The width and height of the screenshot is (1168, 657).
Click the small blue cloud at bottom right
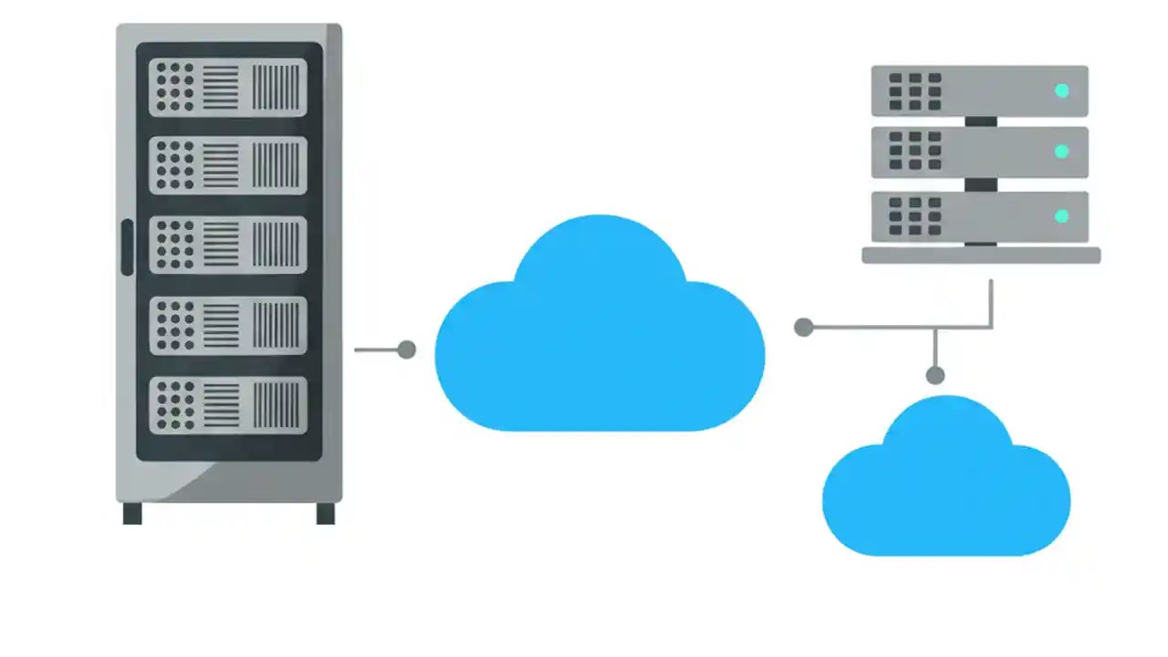(x=946, y=493)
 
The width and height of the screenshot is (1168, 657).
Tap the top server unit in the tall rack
(x=228, y=88)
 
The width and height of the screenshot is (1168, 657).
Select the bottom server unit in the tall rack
(x=228, y=405)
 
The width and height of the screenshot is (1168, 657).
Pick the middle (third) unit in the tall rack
(x=228, y=245)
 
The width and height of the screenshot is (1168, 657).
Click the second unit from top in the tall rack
(x=228, y=166)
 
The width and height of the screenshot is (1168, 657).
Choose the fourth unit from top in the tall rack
(x=228, y=326)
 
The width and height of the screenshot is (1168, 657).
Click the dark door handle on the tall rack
(x=127, y=247)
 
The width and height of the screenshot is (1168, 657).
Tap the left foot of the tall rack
(x=132, y=514)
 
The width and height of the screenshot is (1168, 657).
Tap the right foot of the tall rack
(x=326, y=514)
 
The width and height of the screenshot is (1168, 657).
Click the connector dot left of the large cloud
(x=407, y=349)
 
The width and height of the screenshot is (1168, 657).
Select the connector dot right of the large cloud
(x=803, y=328)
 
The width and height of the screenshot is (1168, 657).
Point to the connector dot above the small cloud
(x=934, y=375)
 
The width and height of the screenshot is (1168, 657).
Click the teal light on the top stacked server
(x=1061, y=90)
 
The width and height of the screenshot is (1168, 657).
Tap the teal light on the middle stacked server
(x=1061, y=151)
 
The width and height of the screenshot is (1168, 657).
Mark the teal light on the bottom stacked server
(x=1061, y=216)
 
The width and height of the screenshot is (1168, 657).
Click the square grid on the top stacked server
(x=914, y=91)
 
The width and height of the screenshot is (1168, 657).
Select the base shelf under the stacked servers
(x=981, y=255)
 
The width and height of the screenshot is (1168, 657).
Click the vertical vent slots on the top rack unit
(x=276, y=88)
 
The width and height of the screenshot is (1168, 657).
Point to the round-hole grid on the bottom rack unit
(x=175, y=405)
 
